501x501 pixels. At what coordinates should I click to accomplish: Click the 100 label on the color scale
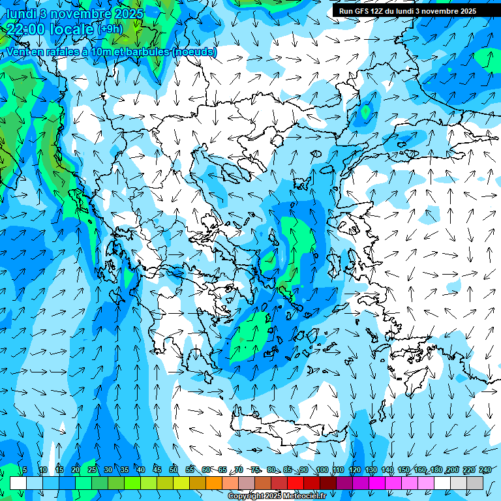click(x=322, y=470)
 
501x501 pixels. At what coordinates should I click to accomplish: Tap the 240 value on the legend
click(x=485, y=470)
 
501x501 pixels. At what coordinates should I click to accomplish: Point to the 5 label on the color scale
click(x=24, y=470)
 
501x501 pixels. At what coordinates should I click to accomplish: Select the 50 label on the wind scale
click(x=174, y=470)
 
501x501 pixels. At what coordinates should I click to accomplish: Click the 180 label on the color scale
click(x=436, y=470)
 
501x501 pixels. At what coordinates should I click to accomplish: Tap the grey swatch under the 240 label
click(x=475, y=483)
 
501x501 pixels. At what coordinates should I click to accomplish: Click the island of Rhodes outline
click(x=417, y=378)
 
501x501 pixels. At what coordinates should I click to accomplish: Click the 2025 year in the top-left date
click(x=128, y=12)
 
